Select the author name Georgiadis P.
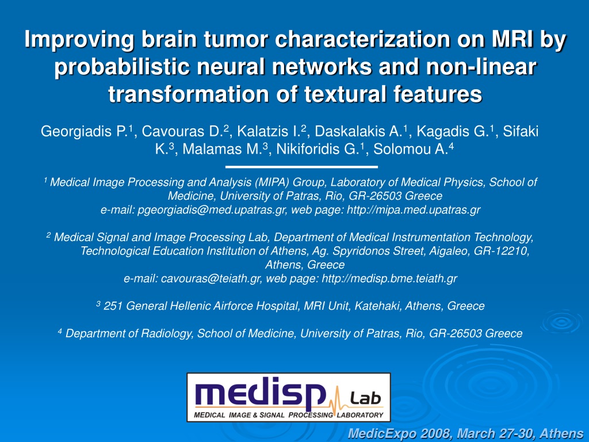[85, 132]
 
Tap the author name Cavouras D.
[182, 132]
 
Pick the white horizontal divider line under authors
[301, 166]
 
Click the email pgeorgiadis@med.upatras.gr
[212, 209]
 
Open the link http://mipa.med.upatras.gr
[413, 209]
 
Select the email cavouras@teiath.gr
[211, 279]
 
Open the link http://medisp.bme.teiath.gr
[389, 279]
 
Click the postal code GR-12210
[501, 251]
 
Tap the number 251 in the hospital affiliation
[113, 306]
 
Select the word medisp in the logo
[261, 393]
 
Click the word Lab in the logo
[365, 398]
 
